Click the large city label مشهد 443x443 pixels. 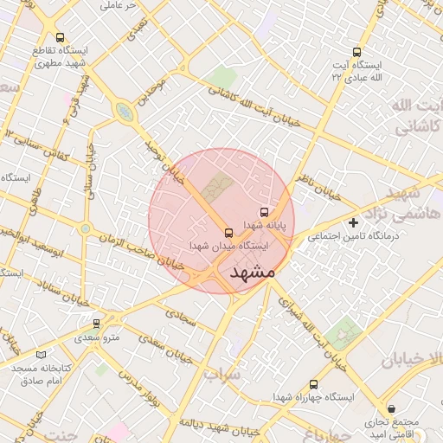253,272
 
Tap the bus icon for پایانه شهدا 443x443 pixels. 264,212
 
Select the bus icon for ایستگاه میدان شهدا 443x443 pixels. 228,233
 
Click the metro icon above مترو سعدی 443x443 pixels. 96,324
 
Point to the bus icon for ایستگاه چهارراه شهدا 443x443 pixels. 313,384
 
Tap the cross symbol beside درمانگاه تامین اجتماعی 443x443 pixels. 353,223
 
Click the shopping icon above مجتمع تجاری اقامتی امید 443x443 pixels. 393,408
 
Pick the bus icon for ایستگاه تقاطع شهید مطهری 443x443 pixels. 60,37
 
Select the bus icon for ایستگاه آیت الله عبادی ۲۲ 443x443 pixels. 357,52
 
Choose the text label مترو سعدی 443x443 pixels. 96,337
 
